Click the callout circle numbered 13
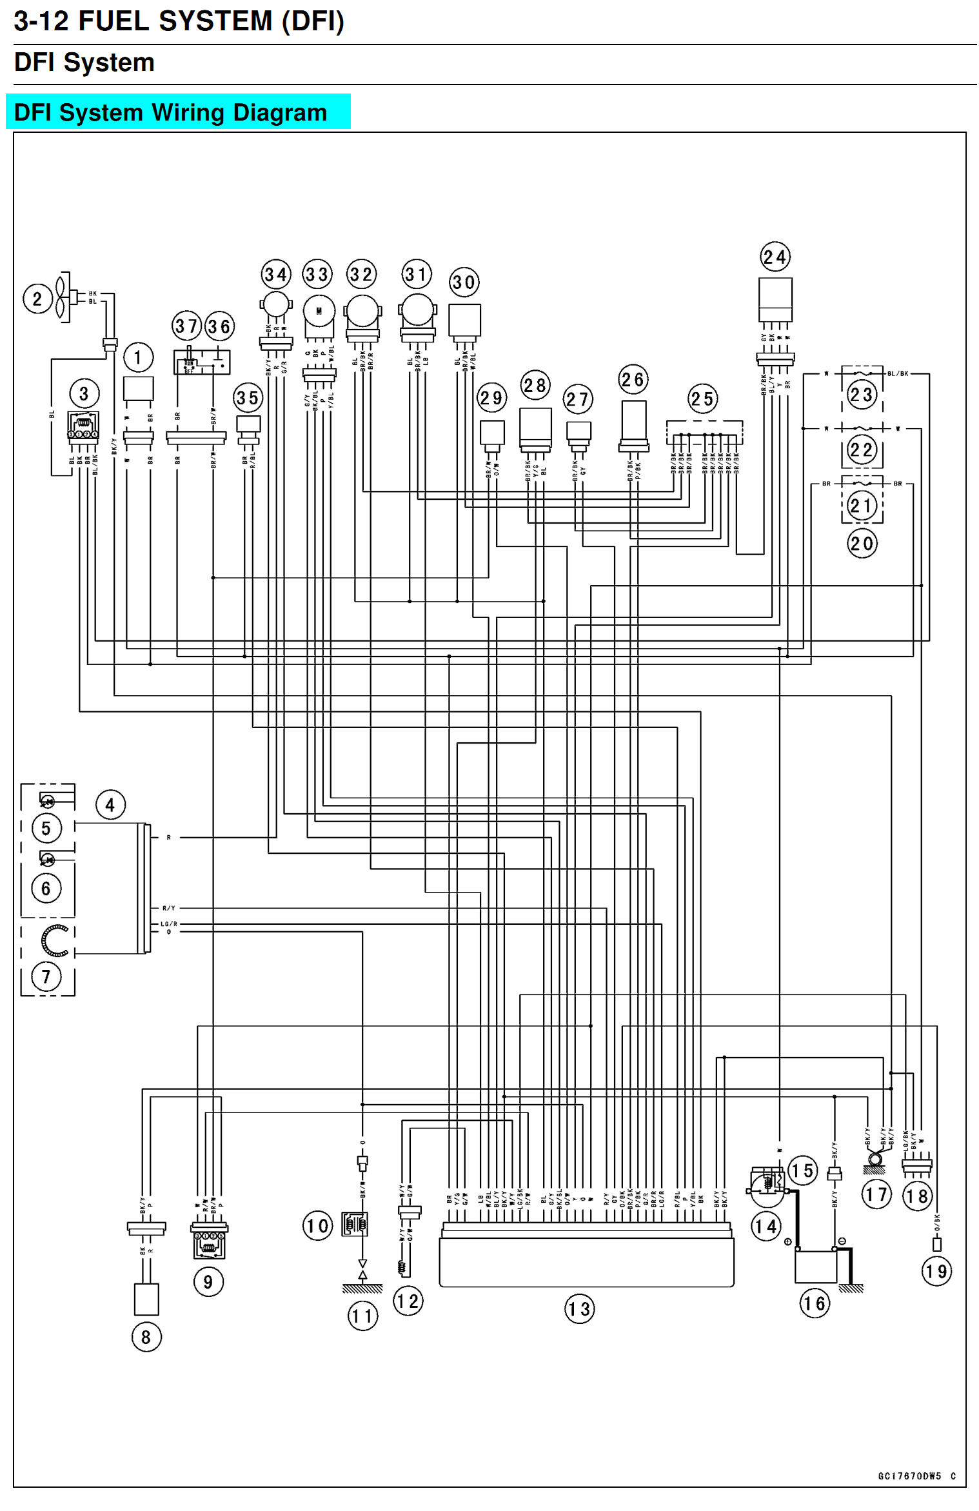pyautogui.click(x=579, y=1309)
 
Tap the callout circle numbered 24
pyautogui.click(x=775, y=257)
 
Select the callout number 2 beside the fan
pyautogui.click(x=37, y=299)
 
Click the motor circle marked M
pyautogui.click(x=319, y=311)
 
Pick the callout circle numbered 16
pyautogui.click(x=815, y=1303)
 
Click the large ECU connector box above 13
pyautogui.click(x=586, y=1261)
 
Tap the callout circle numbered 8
pyautogui.click(x=146, y=1337)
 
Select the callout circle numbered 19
pyautogui.click(x=936, y=1271)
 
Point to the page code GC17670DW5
pyautogui.click(x=909, y=1476)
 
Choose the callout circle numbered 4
pyautogui.click(x=110, y=805)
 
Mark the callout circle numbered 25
pyautogui.click(x=702, y=399)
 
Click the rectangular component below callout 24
pyautogui.click(x=775, y=299)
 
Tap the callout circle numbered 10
pyautogui.click(x=317, y=1225)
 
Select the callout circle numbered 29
pyautogui.click(x=491, y=398)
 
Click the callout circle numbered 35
pyautogui.click(x=248, y=398)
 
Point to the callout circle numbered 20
pyautogui.click(x=862, y=544)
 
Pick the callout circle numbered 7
pyautogui.click(x=46, y=976)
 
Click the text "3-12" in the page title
pyautogui.click(x=41, y=22)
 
